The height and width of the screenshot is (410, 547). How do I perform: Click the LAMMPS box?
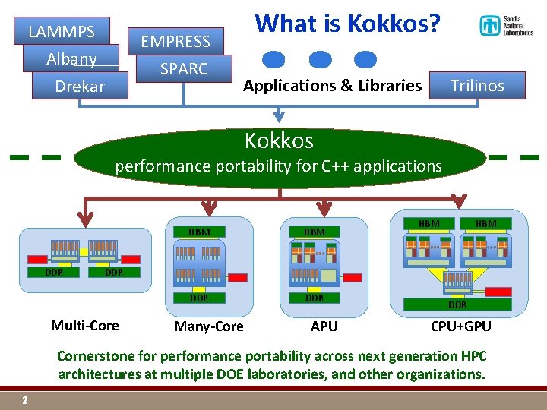pyautogui.click(x=62, y=32)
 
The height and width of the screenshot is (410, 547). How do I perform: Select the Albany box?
pyautogui.click(x=71, y=58)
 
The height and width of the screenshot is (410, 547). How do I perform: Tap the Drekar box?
pyautogui.click(x=80, y=86)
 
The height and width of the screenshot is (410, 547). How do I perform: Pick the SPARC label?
pyautogui.click(x=184, y=68)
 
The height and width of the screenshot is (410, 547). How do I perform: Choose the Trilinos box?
pyautogui.click(x=477, y=85)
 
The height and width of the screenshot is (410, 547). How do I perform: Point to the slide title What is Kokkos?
pyautogui.click(x=347, y=24)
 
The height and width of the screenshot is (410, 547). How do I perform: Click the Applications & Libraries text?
pyautogui.click(x=332, y=86)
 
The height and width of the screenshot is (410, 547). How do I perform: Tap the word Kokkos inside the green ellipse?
pyautogui.click(x=279, y=140)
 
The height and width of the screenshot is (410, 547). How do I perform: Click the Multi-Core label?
pyautogui.click(x=84, y=326)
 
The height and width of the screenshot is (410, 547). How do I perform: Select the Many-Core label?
pyautogui.click(x=209, y=326)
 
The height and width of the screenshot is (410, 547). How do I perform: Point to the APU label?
pyautogui.click(x=324, y=326)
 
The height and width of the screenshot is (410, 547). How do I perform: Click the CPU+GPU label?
pyautogui.click(x=460, y=326)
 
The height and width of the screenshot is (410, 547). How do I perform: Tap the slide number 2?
pyautogui.click(x=25, y=400)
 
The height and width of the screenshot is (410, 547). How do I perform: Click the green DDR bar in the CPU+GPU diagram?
pyautogui.click(x=457, y=304)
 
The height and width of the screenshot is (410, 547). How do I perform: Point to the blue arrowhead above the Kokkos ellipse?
pyautogui.click(x=279, y=117)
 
